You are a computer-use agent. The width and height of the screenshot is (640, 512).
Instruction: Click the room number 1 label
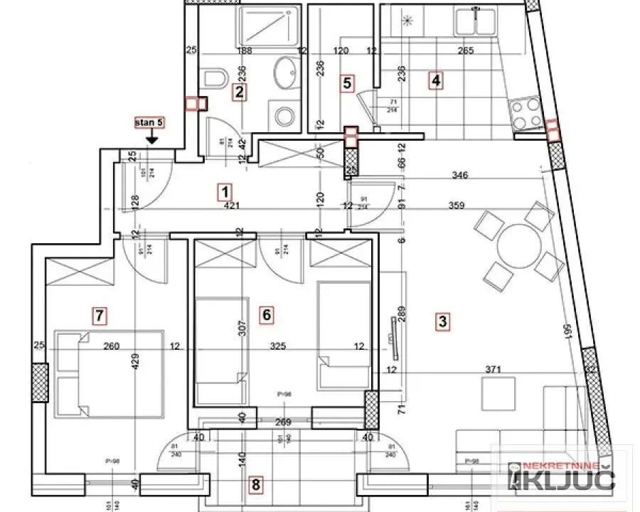point(225,191)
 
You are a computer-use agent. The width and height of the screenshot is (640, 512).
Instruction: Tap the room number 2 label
point(240,91)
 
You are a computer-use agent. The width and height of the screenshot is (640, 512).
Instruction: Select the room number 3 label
point(442,321)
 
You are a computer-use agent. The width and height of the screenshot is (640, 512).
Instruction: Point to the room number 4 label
point(436,81)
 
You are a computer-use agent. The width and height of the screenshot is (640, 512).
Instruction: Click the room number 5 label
point(347,82)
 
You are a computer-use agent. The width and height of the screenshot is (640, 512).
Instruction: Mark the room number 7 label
point(100,314)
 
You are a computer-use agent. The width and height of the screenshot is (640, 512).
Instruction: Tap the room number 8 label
point(256,485)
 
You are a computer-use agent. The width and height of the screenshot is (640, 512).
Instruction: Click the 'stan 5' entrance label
point(149,123)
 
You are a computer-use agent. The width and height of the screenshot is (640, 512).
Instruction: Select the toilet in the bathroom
point(214,78)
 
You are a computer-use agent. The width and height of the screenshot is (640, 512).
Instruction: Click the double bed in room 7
point(110,373)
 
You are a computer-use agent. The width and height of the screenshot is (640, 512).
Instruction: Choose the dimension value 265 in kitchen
point(466,50)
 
